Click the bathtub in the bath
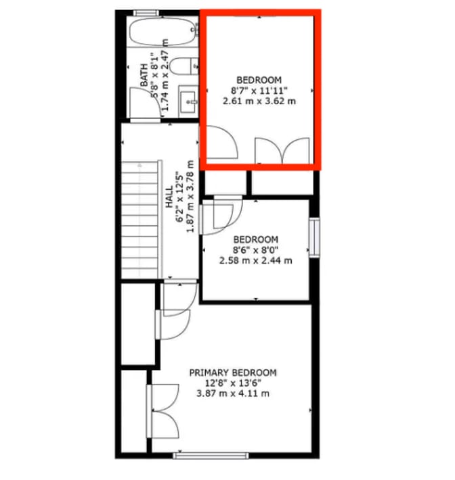(x=162, y=32)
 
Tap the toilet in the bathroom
(x=183, y=66)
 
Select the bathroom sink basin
(x=188, y=101)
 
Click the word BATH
(x=144, y=75)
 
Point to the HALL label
(x=169, y=197)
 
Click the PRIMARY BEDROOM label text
(x=233, y=373)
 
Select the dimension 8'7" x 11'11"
(x=259, y=91)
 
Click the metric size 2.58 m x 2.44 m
(x=256, y=260)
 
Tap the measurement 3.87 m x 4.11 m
(x=233, y=393)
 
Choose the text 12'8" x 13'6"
(x=233, y=383)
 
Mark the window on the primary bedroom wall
(x=211, y=456)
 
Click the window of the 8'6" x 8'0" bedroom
(x=314, y=237)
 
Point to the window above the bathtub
(x=146, y=13)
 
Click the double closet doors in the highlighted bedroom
(x=282, y=150)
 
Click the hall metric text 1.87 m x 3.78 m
(x=190, y=196)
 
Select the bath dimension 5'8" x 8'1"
(x=154, y=77)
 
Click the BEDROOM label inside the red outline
(x=259, y=80)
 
